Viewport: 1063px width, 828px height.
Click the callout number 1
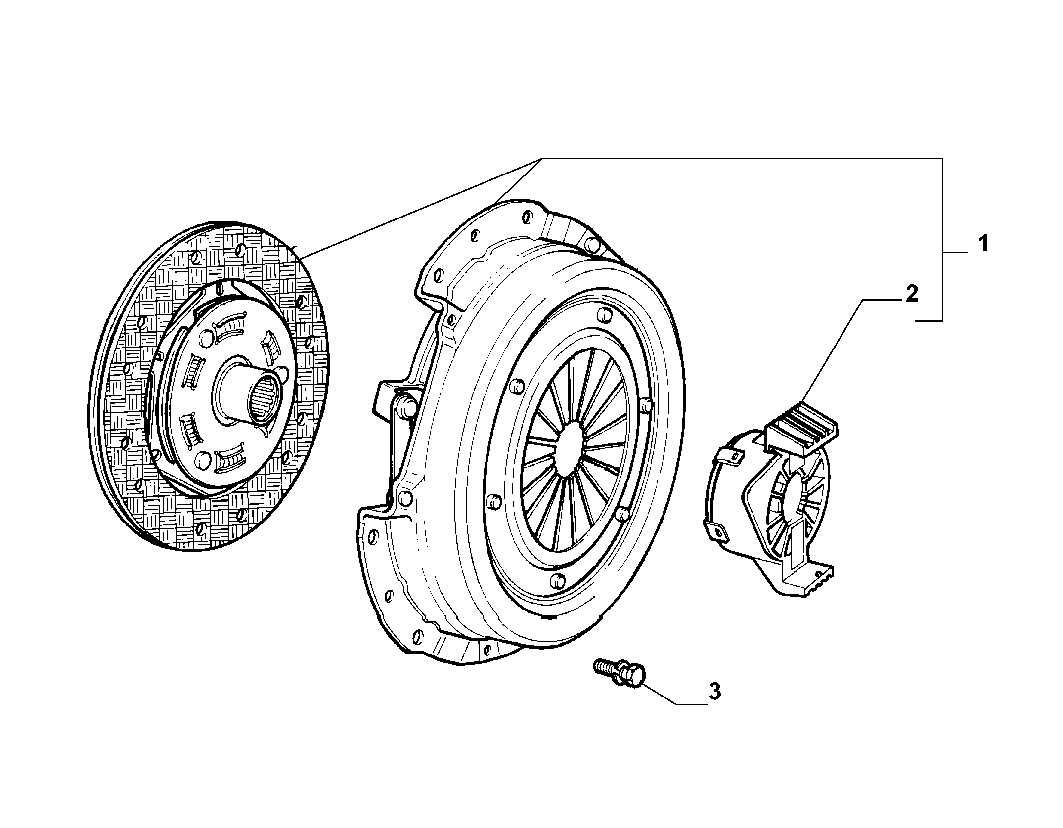[983, 244]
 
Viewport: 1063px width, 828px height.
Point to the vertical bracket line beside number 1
[942, 240]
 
